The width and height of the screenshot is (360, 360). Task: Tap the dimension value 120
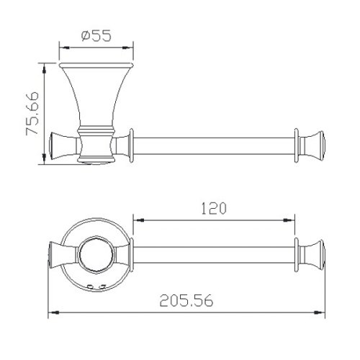[214, 209]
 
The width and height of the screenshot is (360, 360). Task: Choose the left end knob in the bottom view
[58, 255]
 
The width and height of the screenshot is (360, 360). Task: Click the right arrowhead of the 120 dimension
[292, 218]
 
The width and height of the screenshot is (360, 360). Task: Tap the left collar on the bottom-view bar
[132, 255]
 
